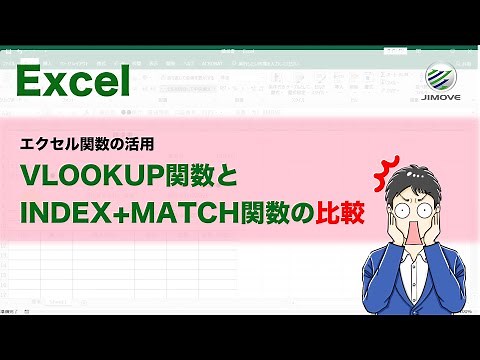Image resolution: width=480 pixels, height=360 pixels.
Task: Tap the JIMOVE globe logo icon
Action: (444, 79)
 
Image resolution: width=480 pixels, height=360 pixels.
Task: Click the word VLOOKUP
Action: (90, 177)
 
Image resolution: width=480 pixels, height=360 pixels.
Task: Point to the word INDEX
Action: (61, 214)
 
